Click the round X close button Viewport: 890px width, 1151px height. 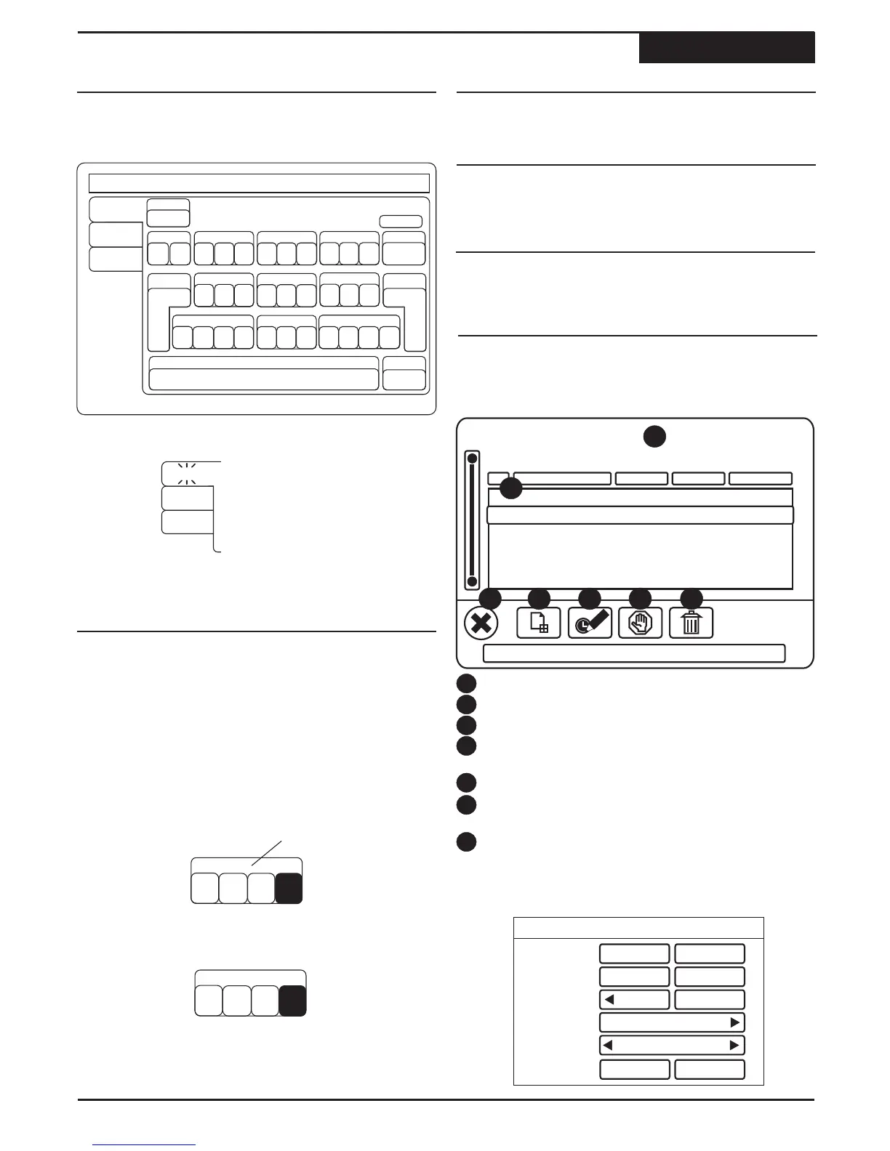(481, 623)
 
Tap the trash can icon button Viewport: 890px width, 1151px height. (691, 623)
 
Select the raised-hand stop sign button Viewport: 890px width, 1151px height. (640, 623)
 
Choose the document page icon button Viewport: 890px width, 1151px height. (538, 623)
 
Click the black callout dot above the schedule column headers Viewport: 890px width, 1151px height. (654, 436)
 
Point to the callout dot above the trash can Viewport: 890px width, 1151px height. (691, 599)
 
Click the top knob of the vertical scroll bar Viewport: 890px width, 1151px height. (473, 459)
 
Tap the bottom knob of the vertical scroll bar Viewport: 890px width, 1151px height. (473, 581)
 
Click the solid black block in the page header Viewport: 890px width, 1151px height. (726, 48)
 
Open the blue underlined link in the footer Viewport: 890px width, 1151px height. (145, 1145)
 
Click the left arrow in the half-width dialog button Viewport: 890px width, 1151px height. (610, 999)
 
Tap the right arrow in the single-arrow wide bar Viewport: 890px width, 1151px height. (735, 1022)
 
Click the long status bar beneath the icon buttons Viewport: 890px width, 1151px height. (634, 653)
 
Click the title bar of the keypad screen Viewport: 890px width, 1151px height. (258, 182)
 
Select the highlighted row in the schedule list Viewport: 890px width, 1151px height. (639, 515)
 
